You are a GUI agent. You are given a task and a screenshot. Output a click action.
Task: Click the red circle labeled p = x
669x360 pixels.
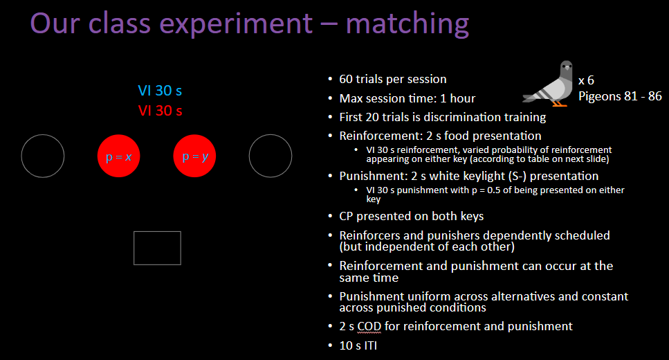pyautogui.click(x=118, y=156)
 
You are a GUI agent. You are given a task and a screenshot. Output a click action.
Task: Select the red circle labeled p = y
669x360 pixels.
pyautogui.click(x=194, y=156)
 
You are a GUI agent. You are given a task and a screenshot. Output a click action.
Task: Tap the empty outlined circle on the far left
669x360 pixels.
pyautogui.click(x=43, y=156)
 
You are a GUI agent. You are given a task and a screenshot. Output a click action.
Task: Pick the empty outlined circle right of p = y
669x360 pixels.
pyautogui.click(x=270, y=156)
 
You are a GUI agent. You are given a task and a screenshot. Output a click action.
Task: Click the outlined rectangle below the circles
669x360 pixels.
pyautogui.click(x=157, y=248)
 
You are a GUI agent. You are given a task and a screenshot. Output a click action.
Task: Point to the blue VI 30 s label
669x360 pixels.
pyautogui.click(x=160, y=91)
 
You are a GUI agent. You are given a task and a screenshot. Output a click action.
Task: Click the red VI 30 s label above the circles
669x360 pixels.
pyautogui.click(x=160, y=110)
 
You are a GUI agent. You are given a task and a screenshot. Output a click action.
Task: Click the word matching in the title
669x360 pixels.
pyautogui.click(x=407, y=23)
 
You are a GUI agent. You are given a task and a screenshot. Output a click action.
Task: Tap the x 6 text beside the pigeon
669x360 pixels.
pyautogui.click(x=586, y=80)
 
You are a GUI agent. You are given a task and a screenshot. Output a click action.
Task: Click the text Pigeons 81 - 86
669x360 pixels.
pyautogui.click(x=620, y=96)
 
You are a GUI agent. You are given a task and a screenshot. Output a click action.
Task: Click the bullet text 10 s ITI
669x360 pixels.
pyautogui.click(x=358, y=345)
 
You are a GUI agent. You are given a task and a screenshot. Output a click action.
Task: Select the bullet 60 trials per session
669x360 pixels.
pyautogui.click(x=393, y=79)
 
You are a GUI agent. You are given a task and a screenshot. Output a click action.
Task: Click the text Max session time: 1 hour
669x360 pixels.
pyautogui.click(x=407, y=98)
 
